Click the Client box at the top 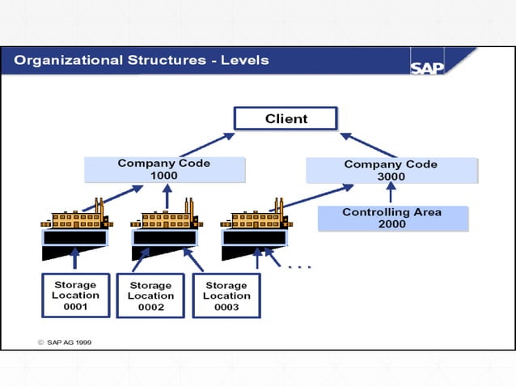point(286,119)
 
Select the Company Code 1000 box point(164,169)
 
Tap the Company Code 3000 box point(391,170)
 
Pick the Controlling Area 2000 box point(391,219)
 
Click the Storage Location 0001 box point(75,296)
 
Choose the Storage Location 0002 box point(150,296)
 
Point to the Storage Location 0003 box point(226,296)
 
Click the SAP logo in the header point(427,67)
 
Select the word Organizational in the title point(68,60)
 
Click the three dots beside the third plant point(299,265)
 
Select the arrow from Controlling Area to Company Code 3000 point(391,193)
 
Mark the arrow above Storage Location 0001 point(75,258)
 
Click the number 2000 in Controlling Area point(391,224)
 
